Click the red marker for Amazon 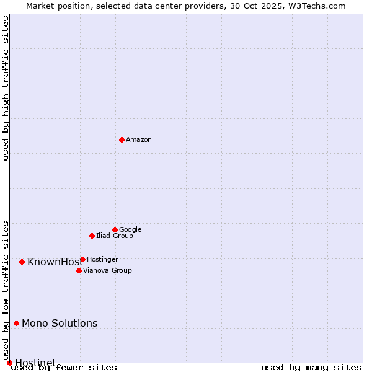tap(122, 139)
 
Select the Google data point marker tap(115, 229)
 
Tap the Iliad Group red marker tap(92, 236)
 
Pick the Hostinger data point tap(82, 259)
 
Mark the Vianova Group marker tap(79, 270)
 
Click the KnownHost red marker tap(22, 262)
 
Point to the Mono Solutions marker tap(16, 323)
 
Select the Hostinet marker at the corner tap(9, 363)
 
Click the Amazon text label tap(138, 140)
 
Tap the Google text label tap(130, 230)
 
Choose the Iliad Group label tap(114, 236)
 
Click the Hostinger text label tap(102, 260)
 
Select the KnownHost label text tap(55, 262)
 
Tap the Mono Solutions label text tap(60, 324)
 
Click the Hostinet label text tap(35, 363)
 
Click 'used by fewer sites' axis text tap(64, 367)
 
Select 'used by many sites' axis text tap(311, 367)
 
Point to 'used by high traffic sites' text tap(6, 88)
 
